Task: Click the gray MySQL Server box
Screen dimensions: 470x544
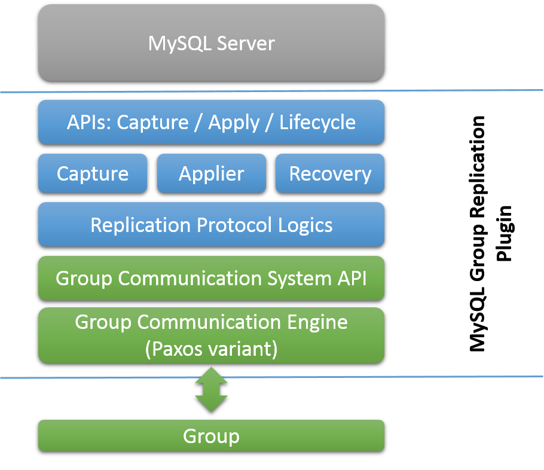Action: coord(211,43)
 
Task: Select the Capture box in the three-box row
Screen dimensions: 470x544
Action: coord(93,174)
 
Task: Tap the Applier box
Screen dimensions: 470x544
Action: coord(211,174)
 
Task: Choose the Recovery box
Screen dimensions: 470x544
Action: coord(330,174)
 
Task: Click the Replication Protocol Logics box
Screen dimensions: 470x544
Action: coord(211,225)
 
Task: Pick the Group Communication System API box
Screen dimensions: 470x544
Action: coord(211,278)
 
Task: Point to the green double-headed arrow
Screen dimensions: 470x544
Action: coord(211,389)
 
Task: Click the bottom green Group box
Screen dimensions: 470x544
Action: coord(211,436)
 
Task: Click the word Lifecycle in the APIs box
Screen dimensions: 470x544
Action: coord(317,123)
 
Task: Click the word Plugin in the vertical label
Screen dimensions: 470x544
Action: coord(506,233)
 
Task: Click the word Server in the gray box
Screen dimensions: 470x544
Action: coord(246,43)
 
